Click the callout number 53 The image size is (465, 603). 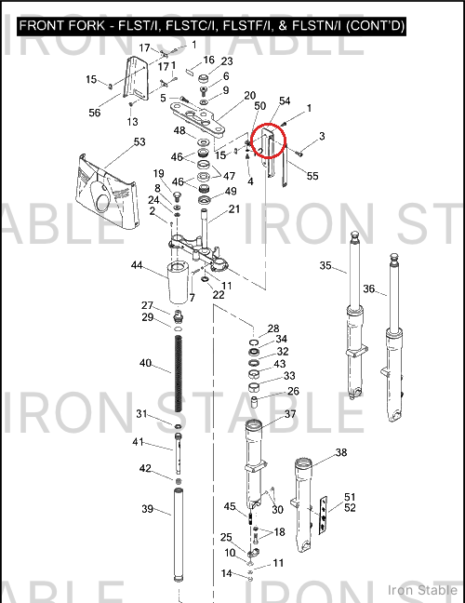tap(139, 141)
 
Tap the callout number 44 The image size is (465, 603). tap(137, 265)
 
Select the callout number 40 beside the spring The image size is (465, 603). tap(145, 363)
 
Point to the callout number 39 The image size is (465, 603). tap(148, 509)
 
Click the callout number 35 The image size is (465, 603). tap(325, 265)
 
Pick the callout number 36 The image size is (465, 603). tap(369, 288)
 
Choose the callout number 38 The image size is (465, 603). tap(341, 452)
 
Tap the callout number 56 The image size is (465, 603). tap(95, 113)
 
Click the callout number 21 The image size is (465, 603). tap(234, 209)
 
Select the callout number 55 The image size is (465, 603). tap(312, 176)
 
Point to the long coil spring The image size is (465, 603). tap(179, 373)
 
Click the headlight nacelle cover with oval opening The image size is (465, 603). tap(106, 190)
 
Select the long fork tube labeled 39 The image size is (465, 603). tap(178, 535)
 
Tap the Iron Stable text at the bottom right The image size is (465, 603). tap(423, 590)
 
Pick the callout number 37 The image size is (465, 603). tap(290, 414)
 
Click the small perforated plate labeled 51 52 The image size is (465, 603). tap(324, 516)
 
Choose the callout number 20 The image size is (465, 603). tap(250, 95)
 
